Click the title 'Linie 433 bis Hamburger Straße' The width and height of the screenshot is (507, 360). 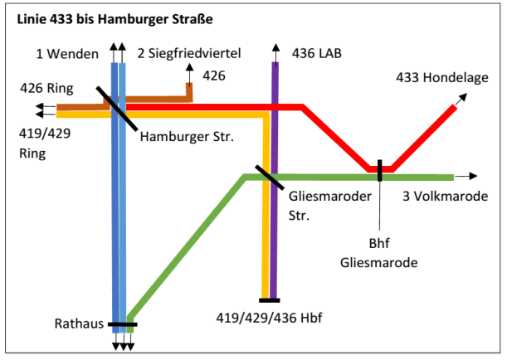pos(115,19)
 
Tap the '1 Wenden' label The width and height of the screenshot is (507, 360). pos(67,54)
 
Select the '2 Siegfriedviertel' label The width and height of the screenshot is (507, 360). pos(189,53)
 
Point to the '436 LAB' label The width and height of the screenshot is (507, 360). pos(316,53)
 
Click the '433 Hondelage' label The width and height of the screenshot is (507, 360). pos(442,78)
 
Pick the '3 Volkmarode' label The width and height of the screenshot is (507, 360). pos(446,196)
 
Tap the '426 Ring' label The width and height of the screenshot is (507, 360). pos(46,88)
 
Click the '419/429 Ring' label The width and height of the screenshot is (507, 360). pos(45,144)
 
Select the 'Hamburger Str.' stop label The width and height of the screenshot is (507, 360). pos(187,137)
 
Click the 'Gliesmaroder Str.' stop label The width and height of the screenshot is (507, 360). pos(330,206)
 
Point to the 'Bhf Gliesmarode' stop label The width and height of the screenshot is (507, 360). pos(379,253)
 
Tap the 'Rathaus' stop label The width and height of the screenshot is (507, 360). pos(79,324)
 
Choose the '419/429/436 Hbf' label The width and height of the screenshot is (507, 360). pos(269,318)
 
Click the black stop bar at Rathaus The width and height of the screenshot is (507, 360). pos(123,324)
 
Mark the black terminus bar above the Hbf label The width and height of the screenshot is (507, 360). pos(270,300)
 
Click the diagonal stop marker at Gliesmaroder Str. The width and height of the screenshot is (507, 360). pos(270,177)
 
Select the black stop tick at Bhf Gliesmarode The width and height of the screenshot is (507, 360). pos(379,170)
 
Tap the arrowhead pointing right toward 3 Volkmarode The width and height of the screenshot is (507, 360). pos(473,176)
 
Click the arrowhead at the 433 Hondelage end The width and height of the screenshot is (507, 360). pos(463,97)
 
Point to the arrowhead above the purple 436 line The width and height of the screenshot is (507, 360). pos(275,47)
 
